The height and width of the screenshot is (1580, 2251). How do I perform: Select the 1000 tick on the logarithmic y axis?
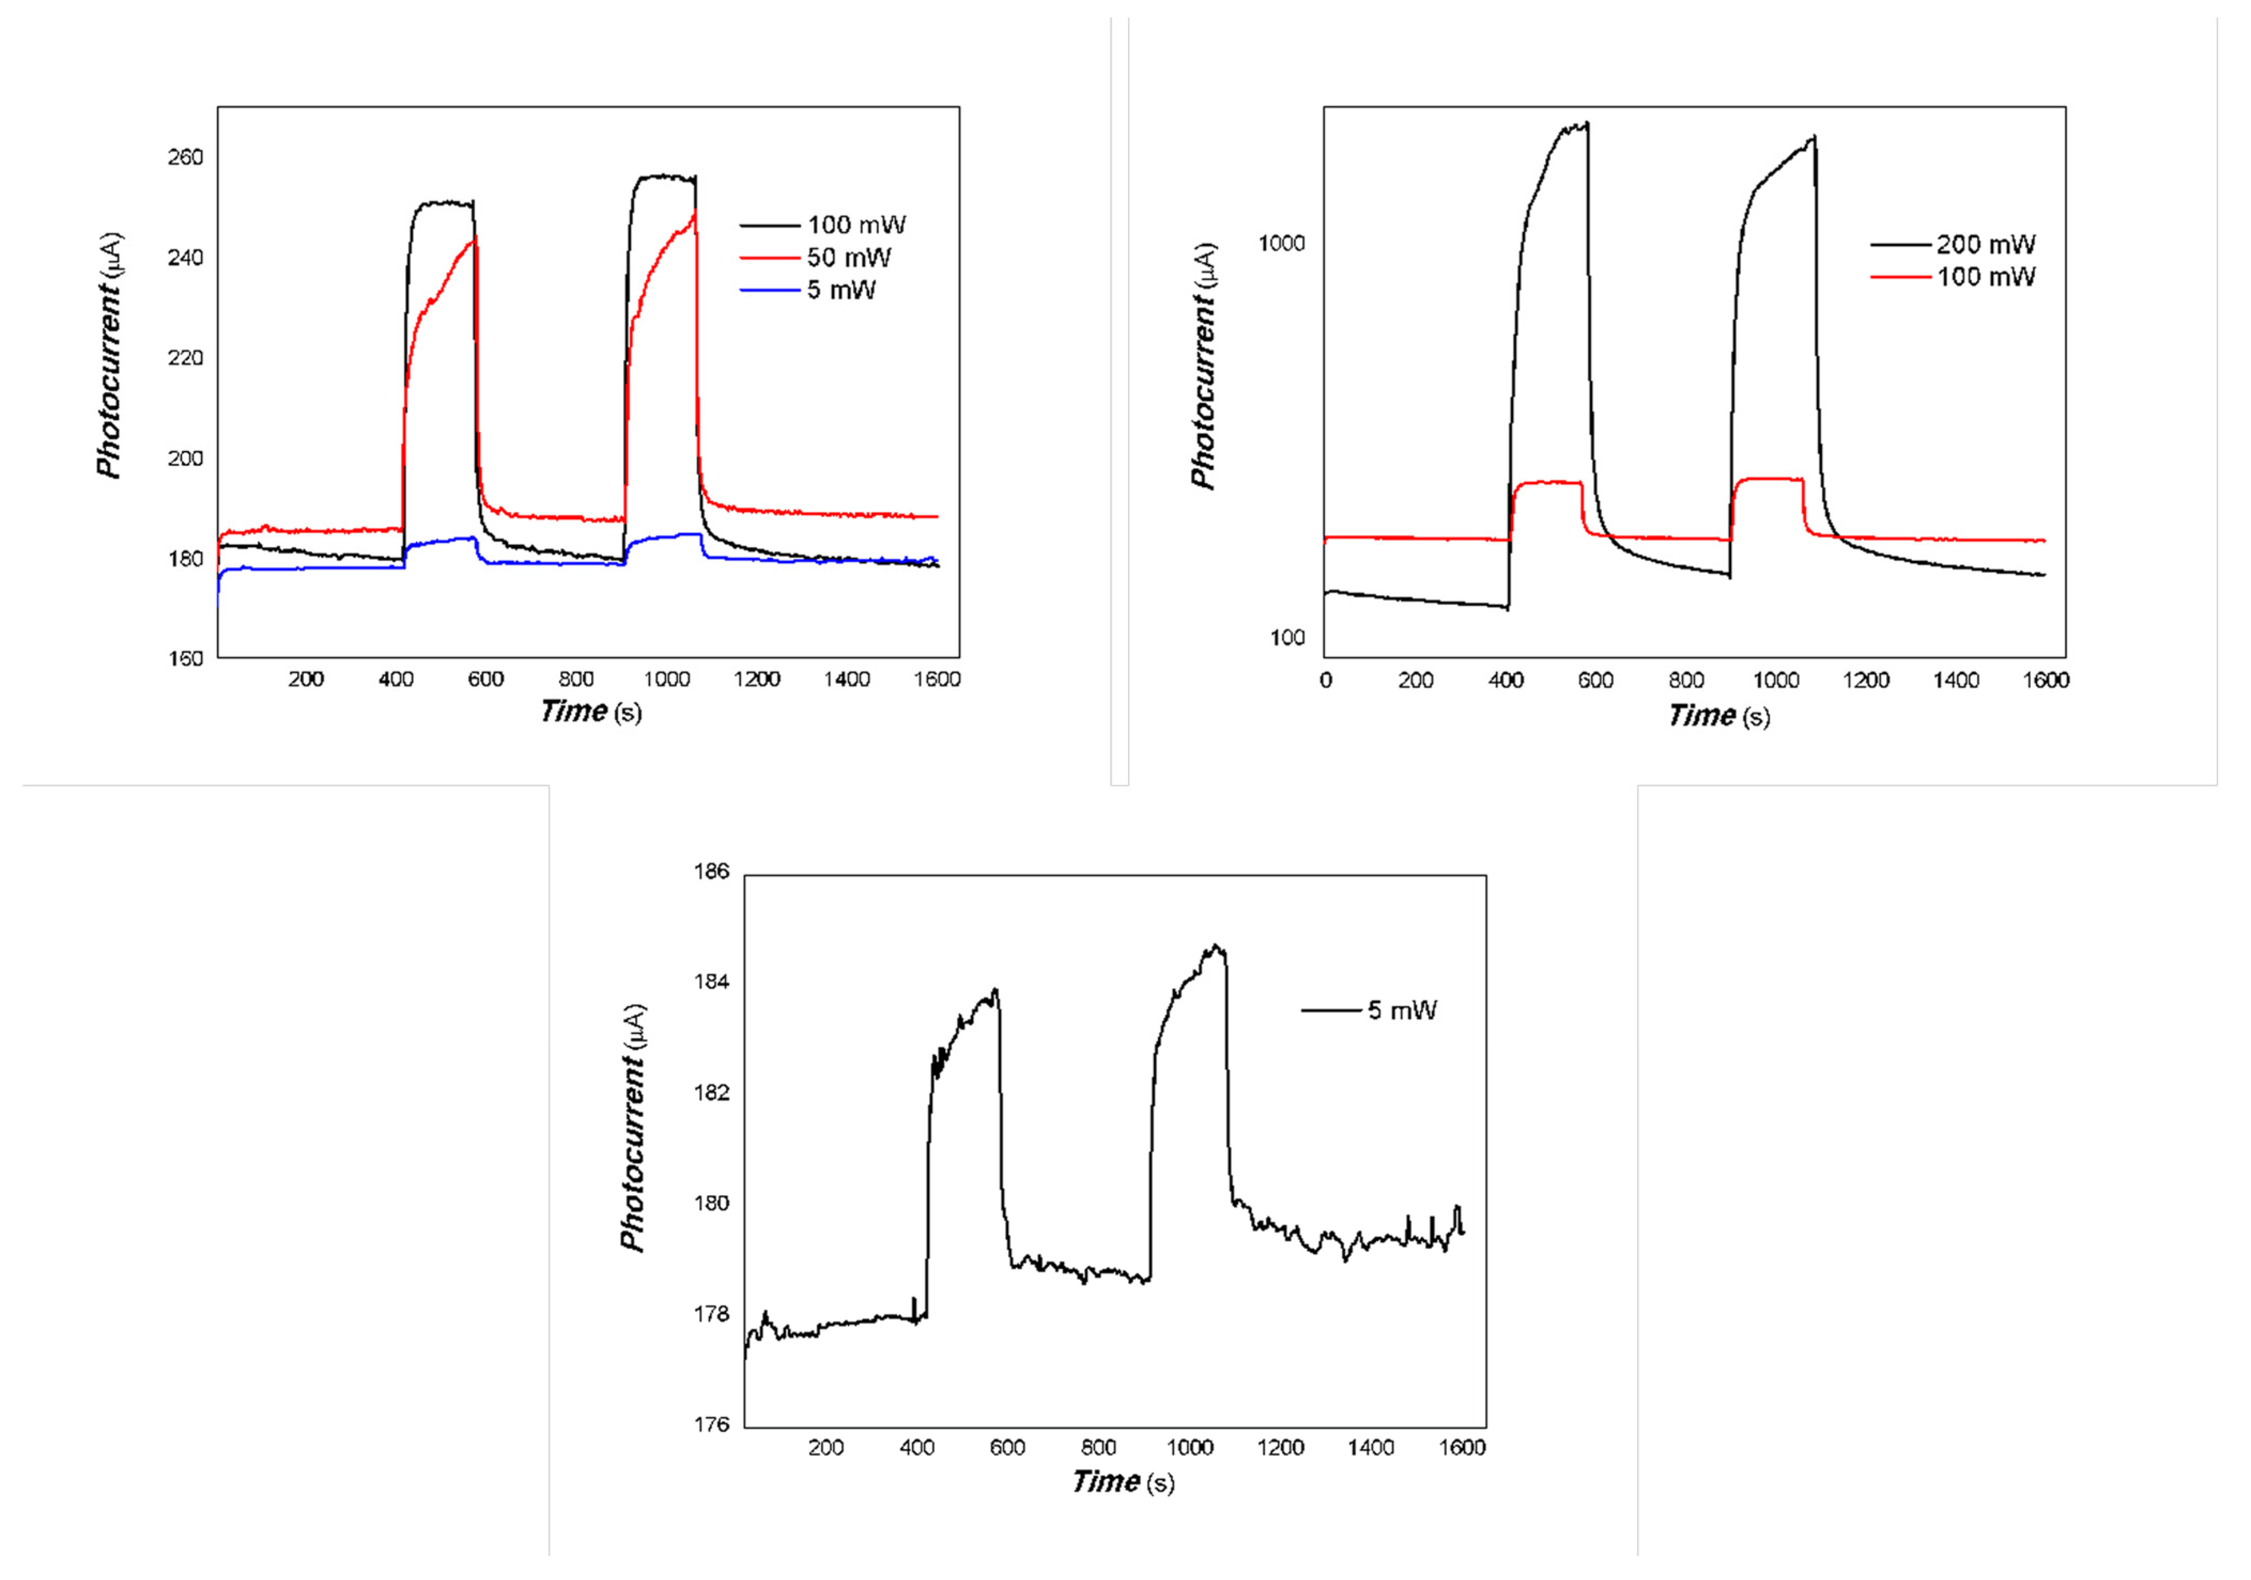click(x=1281, y=243)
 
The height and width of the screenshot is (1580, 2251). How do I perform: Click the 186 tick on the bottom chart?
click(x=712, y=871)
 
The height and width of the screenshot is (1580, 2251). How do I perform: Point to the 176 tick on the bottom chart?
click(x=712, y=1424)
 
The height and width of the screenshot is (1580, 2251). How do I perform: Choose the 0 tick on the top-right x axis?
click(x=1326, y=680)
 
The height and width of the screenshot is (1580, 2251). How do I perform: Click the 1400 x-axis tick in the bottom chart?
click(x=1371, y=1447)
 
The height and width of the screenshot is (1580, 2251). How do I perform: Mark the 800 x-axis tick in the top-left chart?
click(x=576, y=679)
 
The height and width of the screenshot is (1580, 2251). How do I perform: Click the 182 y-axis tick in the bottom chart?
click(x=712, y=1093)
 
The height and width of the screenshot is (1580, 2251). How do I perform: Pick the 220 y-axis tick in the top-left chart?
click(x=185, y=358)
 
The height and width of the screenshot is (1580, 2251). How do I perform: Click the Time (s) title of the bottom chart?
click(x=1123, y=1481)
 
